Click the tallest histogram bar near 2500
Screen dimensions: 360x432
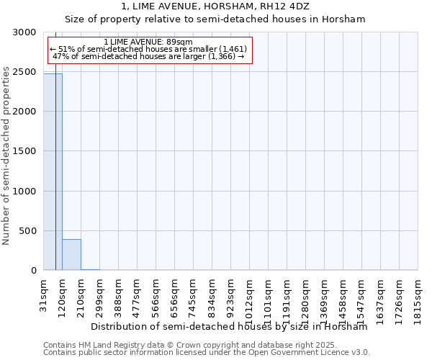(53, 173)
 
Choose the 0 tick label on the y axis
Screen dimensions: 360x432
(33, 271)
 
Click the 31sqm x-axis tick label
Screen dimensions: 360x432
(43, 294)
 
